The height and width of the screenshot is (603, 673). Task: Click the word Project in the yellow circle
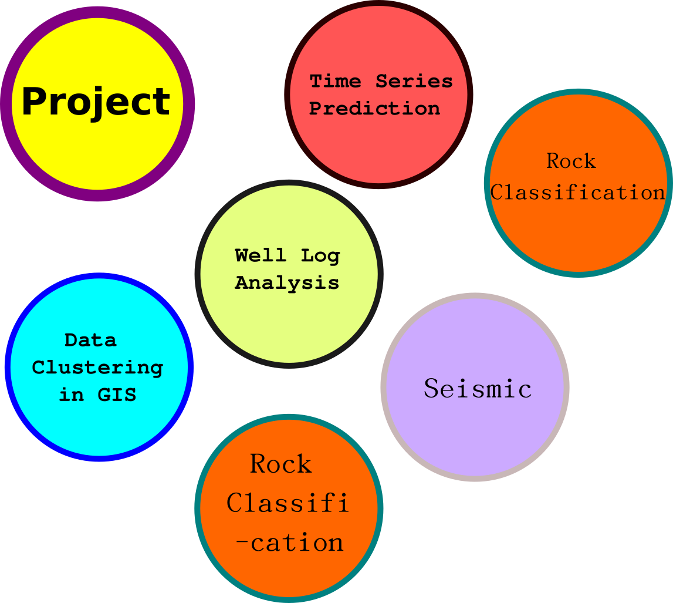tap(96, 102)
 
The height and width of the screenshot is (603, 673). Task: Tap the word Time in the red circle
tap(335, 81)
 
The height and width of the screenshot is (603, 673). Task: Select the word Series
tap(414, 81)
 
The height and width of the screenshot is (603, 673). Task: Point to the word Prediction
tap(374, 109)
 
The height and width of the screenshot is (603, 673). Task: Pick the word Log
tap(320, 256)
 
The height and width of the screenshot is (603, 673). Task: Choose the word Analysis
tap(287, 282)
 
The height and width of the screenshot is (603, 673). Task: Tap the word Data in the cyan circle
tap(90, 340)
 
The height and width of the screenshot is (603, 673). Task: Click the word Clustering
tap(97, 368)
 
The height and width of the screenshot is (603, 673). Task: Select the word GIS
tap(117, 395)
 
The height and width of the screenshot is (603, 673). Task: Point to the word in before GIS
tap(71, 395)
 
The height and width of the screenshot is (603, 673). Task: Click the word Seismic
tap(478, 389)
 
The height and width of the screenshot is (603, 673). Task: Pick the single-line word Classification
tap(578, 192)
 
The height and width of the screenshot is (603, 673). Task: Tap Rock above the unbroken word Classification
tap(571, 161)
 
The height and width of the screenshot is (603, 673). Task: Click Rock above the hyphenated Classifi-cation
tap(280, 464)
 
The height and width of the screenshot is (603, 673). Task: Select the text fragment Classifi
tap(288, 503)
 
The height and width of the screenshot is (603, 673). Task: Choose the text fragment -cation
tap(289, 543)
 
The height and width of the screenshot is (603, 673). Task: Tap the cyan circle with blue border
tap(99, 423)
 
